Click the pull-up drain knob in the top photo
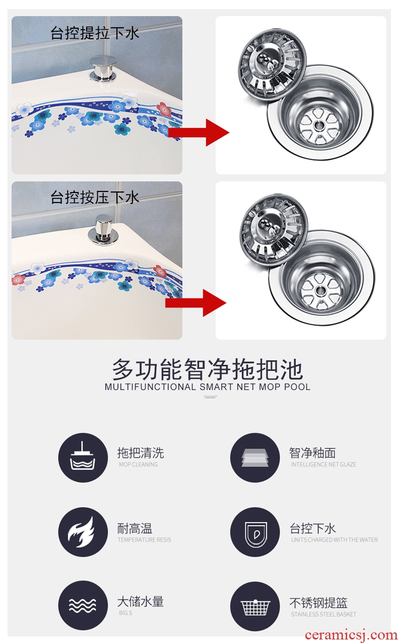[x=103, y=68]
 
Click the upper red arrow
[x=198, y=133]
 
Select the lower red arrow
[x=195, y=303]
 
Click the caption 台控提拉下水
[x=95, y=33]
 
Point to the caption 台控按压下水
[x=95, y=198]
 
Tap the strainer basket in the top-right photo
[x=272, y=65]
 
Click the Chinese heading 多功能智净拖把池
[x=207, y=369]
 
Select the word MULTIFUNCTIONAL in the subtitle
[x=150, y=387]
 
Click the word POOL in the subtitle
[x=297, y=387]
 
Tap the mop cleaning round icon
[x=83, y=458]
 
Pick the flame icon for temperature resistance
[x=83, y=532]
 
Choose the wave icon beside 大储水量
[x=83, y=605]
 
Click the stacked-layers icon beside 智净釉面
[x=255, y=458]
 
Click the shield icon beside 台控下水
[x=255, y=532]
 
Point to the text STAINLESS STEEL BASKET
[x=323, y=614]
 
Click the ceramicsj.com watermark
[x=351, y=635]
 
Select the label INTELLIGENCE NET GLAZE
[x=323, y=465]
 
